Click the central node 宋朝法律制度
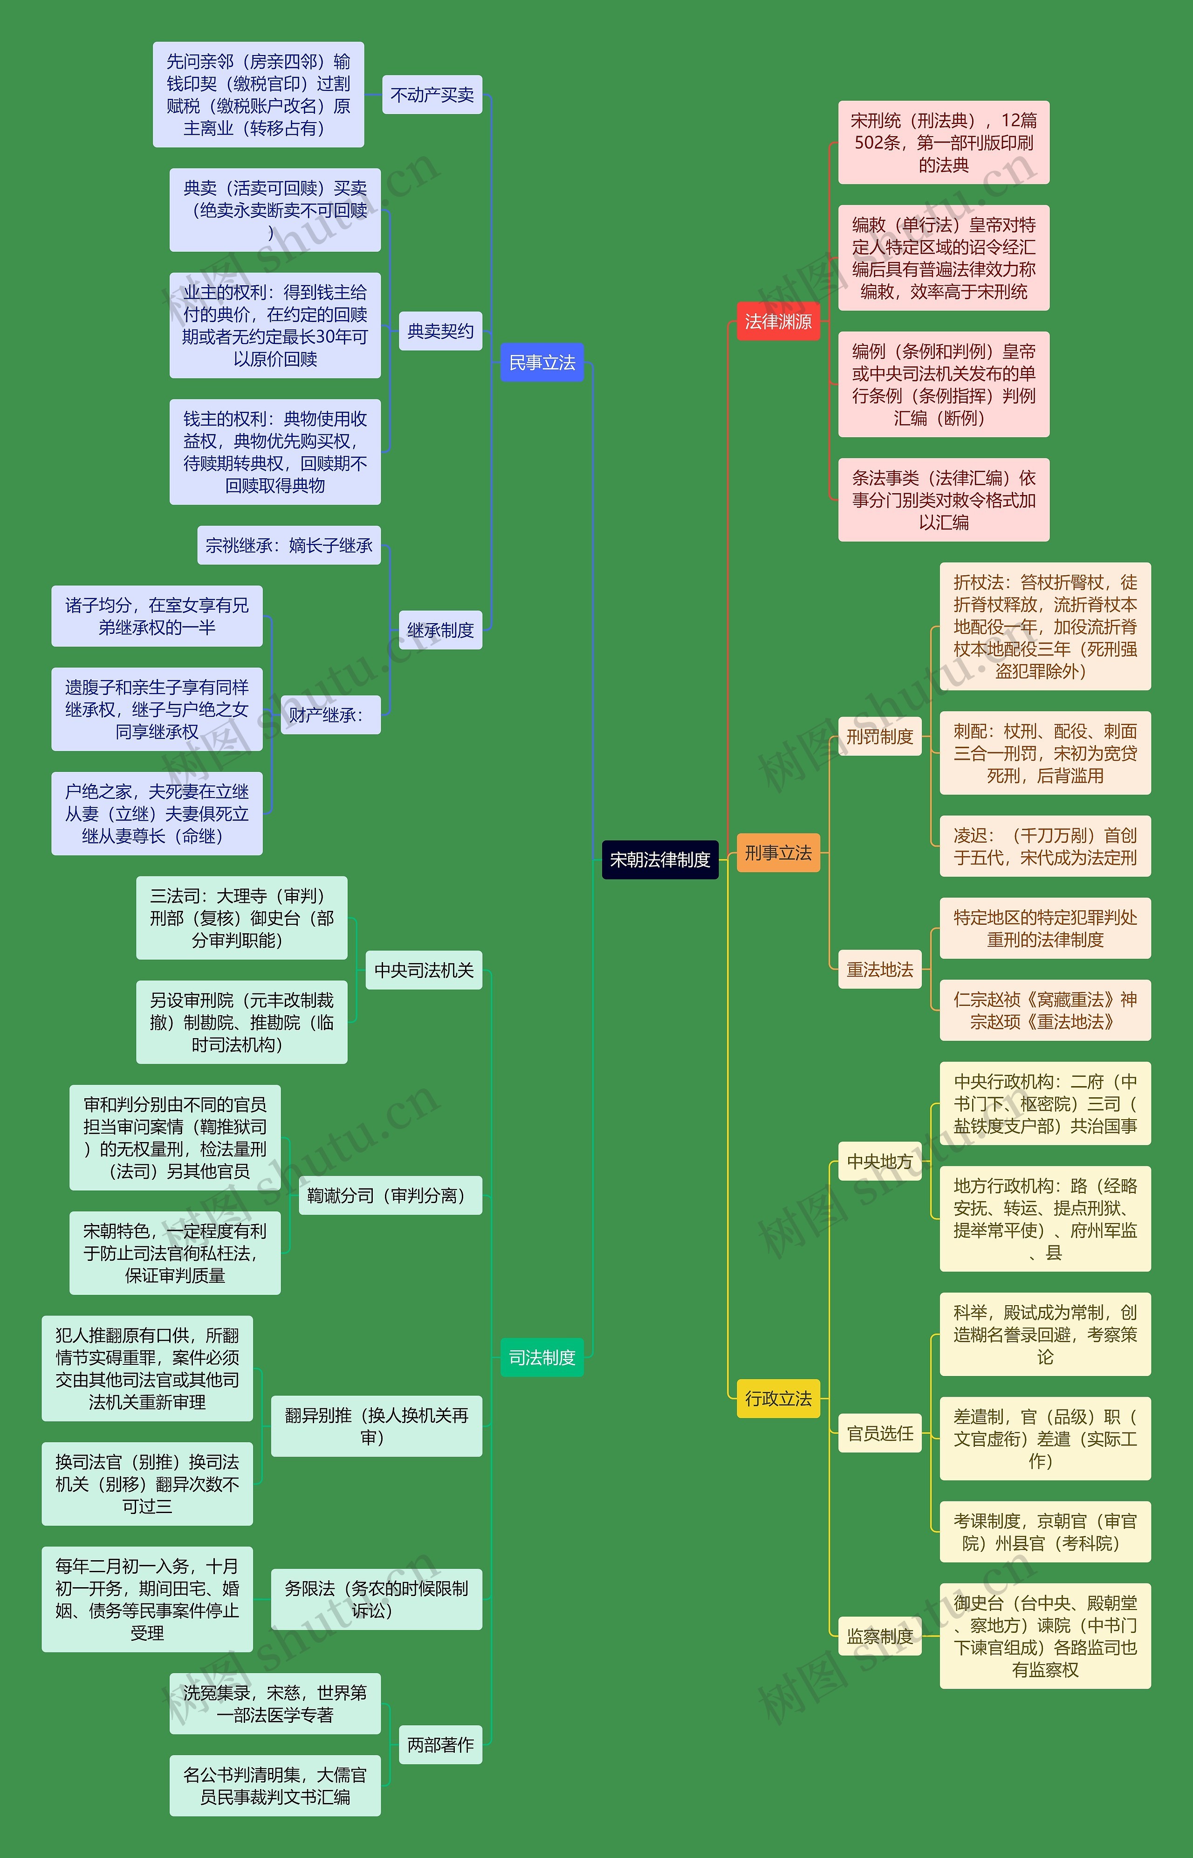pos(660,859)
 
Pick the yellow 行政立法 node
pos(778,1398)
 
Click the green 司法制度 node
pos(542,1357)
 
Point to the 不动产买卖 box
pos(432,95)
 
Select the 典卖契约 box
pos(440,331)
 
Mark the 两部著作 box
pos(440,1745)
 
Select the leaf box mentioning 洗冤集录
pos(275,1704)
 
